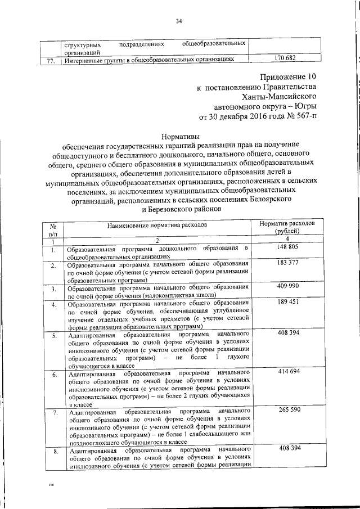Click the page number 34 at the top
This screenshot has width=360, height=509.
pos(179,21)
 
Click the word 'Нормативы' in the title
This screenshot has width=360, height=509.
pos(179,136)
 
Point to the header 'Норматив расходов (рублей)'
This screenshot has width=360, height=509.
pos(290,227)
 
